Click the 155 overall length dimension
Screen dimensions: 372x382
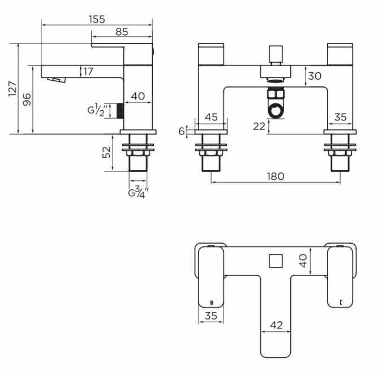click(x=97, y=19)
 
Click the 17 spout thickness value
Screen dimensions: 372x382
click(x=88, y=72)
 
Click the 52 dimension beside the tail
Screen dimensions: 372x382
click(x=107, y=153)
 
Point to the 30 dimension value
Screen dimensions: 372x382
click(x=315, y=76)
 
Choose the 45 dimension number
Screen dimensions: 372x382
click(x=211, y=117)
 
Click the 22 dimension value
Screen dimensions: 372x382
click(x=259, y=126)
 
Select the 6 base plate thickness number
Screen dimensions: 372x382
click(x=182, y=131)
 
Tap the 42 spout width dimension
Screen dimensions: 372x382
click(x=277, y=325)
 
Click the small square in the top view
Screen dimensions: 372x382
click(x=275, y=261)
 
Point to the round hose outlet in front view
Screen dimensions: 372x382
click(x=276, y=109)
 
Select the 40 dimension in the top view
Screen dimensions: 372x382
click(x=303, y=261)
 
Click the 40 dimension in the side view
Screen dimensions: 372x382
click(x=138, y=96)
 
